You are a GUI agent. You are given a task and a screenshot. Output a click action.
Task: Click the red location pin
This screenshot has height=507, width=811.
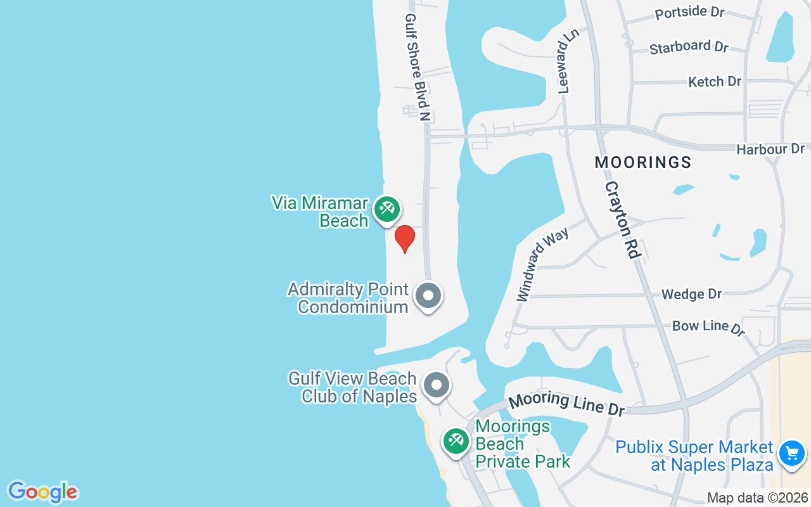point(405,238)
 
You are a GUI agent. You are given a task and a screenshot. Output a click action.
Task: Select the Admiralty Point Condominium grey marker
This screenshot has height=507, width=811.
point(428,295)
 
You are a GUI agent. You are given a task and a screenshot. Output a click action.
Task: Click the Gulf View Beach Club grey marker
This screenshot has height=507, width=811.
point(436,385)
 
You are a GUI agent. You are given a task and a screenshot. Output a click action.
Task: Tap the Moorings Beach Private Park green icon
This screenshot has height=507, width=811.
point(456,440)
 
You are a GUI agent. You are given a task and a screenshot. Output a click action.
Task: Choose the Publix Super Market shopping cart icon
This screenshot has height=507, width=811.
point(791,454)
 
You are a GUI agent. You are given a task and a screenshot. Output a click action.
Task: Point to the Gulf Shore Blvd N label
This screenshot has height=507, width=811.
point(418,67)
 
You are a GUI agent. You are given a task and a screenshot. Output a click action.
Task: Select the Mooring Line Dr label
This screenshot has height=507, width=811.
point(566,404)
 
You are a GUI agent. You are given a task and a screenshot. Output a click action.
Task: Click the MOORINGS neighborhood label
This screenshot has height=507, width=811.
point(642,162)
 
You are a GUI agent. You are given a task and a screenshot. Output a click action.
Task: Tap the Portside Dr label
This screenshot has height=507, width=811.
point(689,13)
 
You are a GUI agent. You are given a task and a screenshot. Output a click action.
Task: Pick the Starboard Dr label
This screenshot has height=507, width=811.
point(689,47)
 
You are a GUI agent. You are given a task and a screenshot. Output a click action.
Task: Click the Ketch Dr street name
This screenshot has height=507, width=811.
point(715,81)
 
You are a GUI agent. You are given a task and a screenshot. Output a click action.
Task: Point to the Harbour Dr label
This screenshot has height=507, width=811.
point(770,150)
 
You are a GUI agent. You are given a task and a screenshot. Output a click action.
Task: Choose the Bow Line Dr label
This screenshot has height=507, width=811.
point(708,327)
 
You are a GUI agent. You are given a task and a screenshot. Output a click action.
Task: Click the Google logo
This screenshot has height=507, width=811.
point(42,492)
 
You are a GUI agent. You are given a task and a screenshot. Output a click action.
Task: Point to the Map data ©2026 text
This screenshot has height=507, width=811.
point(757,498)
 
